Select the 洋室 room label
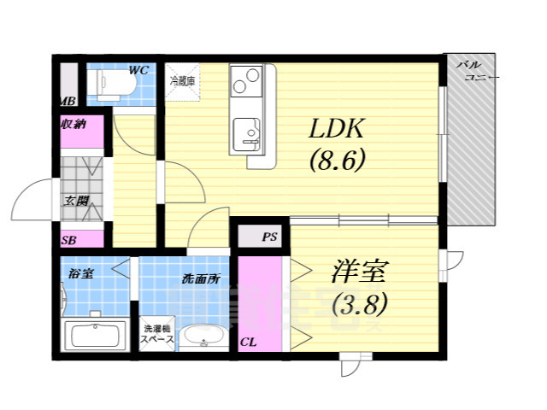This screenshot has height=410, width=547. coord(360,272)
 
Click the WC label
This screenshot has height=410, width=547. coord(138,70)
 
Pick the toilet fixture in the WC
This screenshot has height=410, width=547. coord(109,85)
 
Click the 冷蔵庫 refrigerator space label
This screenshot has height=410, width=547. coord(181,81)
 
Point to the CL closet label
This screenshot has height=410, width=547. coord(248,342)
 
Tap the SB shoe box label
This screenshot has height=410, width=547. coord(68,241)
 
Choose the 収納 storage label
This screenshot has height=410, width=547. coord(73,125)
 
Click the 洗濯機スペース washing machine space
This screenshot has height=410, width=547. coord(157,334)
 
